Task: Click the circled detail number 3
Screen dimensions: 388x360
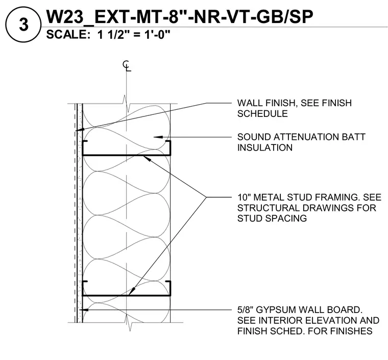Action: pos(23,25)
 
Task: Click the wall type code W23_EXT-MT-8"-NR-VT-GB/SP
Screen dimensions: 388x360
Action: pos(180,16)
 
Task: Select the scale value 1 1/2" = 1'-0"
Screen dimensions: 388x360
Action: pos(134,34)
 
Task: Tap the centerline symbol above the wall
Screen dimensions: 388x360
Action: pos(127,66)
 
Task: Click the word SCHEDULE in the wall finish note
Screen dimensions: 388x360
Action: pos(262,113)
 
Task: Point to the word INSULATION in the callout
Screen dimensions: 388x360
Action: pos(265,148)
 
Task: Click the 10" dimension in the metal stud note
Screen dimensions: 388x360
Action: pos(244,197)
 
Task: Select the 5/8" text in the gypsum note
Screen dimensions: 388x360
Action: pos(245,310)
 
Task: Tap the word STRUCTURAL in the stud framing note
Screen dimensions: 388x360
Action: pos(268,208)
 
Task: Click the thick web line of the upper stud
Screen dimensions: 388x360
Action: pos(127,155)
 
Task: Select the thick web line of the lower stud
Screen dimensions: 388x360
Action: pos(127,296)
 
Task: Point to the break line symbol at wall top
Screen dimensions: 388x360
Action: pos(126,104)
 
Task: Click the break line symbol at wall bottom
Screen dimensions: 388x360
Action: pos(128,323)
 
